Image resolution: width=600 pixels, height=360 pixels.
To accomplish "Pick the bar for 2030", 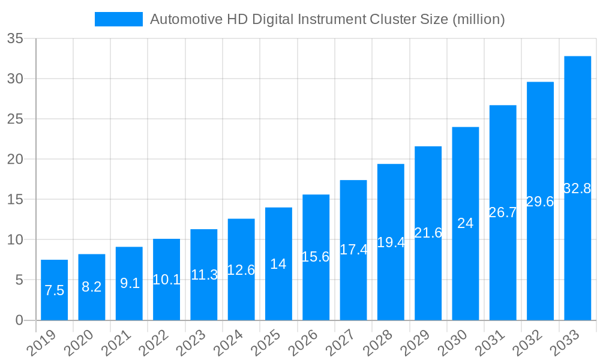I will coord(465,223).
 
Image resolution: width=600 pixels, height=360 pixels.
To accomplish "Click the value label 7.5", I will coord(54,291).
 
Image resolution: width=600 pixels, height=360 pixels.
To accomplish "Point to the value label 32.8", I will coord(577,188).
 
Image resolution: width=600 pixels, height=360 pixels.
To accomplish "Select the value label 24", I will coord(465,223).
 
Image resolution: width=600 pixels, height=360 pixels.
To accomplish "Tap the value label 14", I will coord(278,264).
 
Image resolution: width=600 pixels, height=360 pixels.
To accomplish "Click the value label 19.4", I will coord(391,242).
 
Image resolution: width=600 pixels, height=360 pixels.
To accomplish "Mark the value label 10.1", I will coord(166,280).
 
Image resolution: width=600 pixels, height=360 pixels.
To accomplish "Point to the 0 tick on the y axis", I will coord(19,320).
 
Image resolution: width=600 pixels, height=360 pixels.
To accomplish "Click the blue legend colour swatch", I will coord(119,19).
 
